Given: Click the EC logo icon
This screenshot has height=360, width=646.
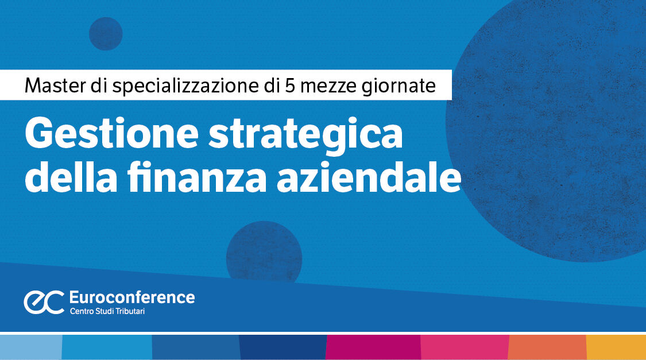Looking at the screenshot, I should (x=44, y=302).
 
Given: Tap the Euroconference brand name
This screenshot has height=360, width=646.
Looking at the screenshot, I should (x=131, y=297).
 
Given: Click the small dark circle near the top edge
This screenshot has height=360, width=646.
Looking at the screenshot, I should (x=106, y=33).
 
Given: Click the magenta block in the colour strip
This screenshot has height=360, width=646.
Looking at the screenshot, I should (x=373, y=347).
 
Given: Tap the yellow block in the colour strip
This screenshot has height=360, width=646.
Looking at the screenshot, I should (x=616, y=347).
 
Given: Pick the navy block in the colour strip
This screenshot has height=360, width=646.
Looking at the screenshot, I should (x=283, y=347).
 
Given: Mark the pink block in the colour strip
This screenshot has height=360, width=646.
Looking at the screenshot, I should (x=465, y=347).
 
